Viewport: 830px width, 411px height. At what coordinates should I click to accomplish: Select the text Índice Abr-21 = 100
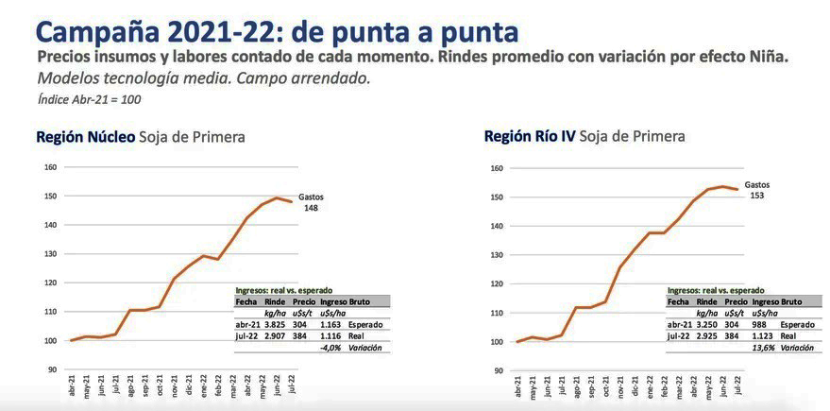[89, 99]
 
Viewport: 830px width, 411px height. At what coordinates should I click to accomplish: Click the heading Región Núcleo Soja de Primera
[140, 137]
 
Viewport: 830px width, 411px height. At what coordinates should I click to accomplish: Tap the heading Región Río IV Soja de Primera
[584, 136]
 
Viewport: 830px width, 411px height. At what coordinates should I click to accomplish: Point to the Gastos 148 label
[311, 202]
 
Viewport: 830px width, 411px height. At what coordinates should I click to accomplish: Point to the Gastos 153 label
[756, 190]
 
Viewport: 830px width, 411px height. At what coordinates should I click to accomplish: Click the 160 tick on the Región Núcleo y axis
[51, 167]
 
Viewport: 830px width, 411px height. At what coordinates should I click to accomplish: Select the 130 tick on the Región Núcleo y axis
[51, 254]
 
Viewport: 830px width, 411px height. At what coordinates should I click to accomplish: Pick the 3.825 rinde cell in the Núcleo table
[275, 324]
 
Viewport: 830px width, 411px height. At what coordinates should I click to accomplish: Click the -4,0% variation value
[330, 348]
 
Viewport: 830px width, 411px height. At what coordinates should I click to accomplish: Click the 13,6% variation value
[764, 348]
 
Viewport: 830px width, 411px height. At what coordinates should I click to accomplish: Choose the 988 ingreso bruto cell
[761, 324]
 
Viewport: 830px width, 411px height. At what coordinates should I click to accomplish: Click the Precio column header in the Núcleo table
[303, 301]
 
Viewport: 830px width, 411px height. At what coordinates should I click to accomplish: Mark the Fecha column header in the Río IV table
[678, 301]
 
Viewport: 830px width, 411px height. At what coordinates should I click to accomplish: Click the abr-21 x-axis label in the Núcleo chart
[73, 386]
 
